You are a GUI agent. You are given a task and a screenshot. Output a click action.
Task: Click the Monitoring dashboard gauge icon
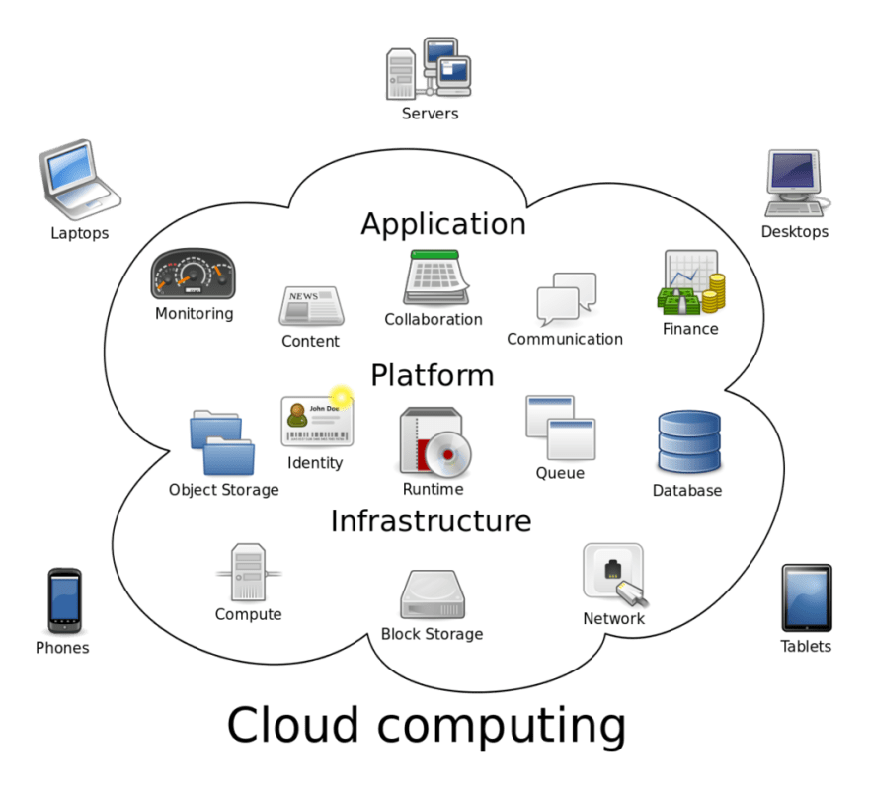194,275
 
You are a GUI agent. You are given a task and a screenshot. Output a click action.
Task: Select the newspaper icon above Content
310,306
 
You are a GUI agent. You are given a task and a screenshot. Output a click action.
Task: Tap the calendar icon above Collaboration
434,277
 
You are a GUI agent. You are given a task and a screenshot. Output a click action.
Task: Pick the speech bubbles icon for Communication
566,299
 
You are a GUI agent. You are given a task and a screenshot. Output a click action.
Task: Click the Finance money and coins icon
690,283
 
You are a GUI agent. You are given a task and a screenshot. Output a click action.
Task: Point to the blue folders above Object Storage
222,442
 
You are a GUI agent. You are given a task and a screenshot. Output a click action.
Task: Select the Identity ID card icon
316,420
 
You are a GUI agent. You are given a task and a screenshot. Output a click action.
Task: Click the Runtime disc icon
434,442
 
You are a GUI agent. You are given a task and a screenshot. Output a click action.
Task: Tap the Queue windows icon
561,428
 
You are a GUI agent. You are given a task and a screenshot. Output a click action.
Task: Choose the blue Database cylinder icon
688,442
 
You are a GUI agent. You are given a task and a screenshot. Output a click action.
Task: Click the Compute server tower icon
248,572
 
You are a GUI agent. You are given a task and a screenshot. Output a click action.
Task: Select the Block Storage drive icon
433,594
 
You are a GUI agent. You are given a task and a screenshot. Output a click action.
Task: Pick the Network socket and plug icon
615,575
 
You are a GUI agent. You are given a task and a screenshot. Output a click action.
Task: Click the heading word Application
442,224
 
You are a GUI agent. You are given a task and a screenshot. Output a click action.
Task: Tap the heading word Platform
432,375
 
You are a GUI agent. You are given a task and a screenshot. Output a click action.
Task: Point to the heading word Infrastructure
431,520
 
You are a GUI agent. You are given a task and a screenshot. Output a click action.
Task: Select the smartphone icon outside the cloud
64,600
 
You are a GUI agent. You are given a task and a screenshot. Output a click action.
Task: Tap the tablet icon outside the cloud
807,597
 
